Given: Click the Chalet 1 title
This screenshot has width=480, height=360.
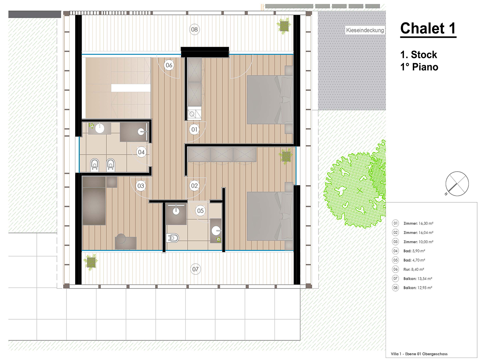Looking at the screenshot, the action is pyautogui.click(x=428, y=28).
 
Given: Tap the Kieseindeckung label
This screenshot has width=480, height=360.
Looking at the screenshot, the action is pyautogui.click(x=365, y=30).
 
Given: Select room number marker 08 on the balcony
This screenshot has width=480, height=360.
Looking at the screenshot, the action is pyautogui.click(x=194, y=29).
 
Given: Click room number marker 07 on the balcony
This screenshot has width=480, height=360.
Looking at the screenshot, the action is pyautogui.click(x=195, y=269).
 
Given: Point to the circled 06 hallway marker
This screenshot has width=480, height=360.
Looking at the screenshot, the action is pyautogui.click(x=169, y=65).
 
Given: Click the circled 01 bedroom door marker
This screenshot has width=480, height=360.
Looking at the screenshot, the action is pyautogui.click(x=194, y=129).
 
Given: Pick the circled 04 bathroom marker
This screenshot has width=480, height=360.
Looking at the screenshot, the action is pyautogui.click(x=141, y=152).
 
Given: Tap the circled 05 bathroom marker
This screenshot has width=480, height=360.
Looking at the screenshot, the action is pyautogui.click(x=200, y=211).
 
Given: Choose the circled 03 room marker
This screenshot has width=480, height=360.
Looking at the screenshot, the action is pyautogui.click(x=141, y=186).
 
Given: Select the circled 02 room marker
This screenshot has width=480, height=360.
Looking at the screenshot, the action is pyautogui.click(x=194, y=186).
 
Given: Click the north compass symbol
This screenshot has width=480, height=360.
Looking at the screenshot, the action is pyautogui.click(x=457, y=184).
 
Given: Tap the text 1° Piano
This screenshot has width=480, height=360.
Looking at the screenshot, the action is pyautogui.click(x=419, y=67).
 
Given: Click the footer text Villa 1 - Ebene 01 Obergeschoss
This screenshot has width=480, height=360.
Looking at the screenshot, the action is pyautogui.click(x=419, y=354).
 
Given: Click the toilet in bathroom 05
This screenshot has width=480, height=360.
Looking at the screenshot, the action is pyautogui.click(x=172, y=238).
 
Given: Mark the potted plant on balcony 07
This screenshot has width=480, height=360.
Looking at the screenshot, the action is pyautogui.click(x=91, y=262).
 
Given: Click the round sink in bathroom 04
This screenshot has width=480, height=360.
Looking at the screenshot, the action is pyautogui.click(x=100, y=128).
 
